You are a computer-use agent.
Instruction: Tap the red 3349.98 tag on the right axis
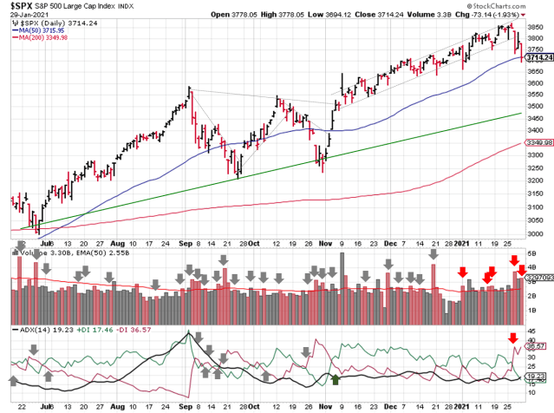coord(538,144)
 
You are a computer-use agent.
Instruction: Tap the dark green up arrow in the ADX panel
coord(336,377)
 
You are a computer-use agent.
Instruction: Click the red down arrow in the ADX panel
coord(512,338)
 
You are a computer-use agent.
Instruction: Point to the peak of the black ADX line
coord(189,333)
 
